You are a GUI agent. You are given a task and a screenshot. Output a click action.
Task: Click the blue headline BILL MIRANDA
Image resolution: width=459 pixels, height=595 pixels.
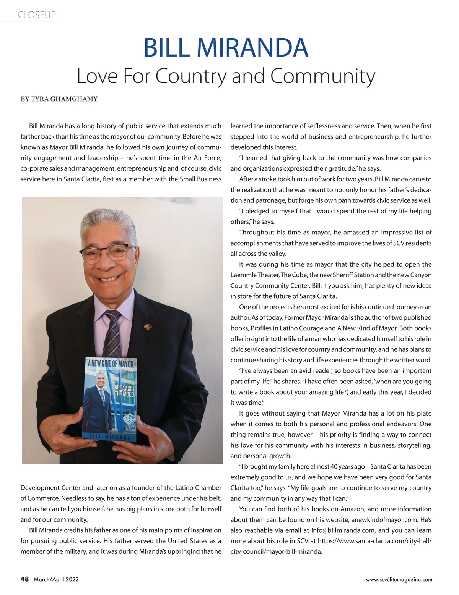[226, 47]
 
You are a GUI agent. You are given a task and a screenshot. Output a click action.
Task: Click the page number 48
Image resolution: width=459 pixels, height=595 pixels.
[24, 579]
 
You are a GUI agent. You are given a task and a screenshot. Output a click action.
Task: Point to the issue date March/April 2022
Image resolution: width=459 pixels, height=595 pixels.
[56, 580]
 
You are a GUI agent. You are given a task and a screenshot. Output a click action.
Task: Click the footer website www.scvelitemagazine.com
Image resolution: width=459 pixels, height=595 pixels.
[399, 580]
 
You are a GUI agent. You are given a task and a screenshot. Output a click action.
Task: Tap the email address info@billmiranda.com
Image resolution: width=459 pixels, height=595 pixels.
[343, 530]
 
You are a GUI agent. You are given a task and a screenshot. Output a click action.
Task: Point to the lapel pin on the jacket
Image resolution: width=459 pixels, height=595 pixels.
[148, 327]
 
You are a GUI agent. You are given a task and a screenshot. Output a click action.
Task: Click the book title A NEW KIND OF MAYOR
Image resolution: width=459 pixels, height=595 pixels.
[111, 364]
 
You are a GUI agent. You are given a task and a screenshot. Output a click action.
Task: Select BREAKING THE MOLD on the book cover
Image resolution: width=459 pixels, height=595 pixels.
[124, 391]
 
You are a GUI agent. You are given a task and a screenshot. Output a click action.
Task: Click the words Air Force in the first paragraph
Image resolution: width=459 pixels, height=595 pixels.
[208, 158]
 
